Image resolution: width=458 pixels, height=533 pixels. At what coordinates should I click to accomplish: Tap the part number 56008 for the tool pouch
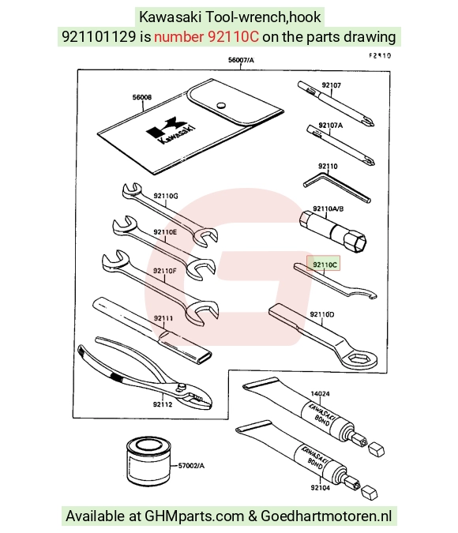(x=142, y=97)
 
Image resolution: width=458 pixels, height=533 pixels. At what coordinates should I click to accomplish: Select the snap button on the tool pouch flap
(x=221, y=105)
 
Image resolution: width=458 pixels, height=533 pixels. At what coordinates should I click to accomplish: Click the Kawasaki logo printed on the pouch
(x=171, y=130)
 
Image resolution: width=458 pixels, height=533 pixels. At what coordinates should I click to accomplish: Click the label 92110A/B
(x=328, y=208)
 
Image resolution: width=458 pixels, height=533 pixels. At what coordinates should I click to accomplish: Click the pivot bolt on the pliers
(x=182, y=386)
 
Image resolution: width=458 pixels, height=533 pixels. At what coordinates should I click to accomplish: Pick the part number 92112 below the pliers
(x=163, y=404)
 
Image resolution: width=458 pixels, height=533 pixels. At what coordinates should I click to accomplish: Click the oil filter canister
(x=148, y=461)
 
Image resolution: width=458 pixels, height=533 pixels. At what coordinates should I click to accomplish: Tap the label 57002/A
(x=191, y=465)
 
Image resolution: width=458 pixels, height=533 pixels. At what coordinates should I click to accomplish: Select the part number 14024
(x=320, y=394)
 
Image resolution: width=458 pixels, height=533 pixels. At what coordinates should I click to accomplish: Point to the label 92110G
(x=166, y=196)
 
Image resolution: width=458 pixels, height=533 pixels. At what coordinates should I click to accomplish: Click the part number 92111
(x=163, y=318)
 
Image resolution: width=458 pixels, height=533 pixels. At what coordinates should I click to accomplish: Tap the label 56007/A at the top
(x=241, y=60)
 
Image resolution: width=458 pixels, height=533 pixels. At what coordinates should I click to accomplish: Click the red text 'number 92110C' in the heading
(x=206, y=36)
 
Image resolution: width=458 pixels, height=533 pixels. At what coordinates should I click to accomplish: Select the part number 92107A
(x=331, y=126)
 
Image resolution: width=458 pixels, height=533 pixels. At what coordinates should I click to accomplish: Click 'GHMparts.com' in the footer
(x=194, y=516)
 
